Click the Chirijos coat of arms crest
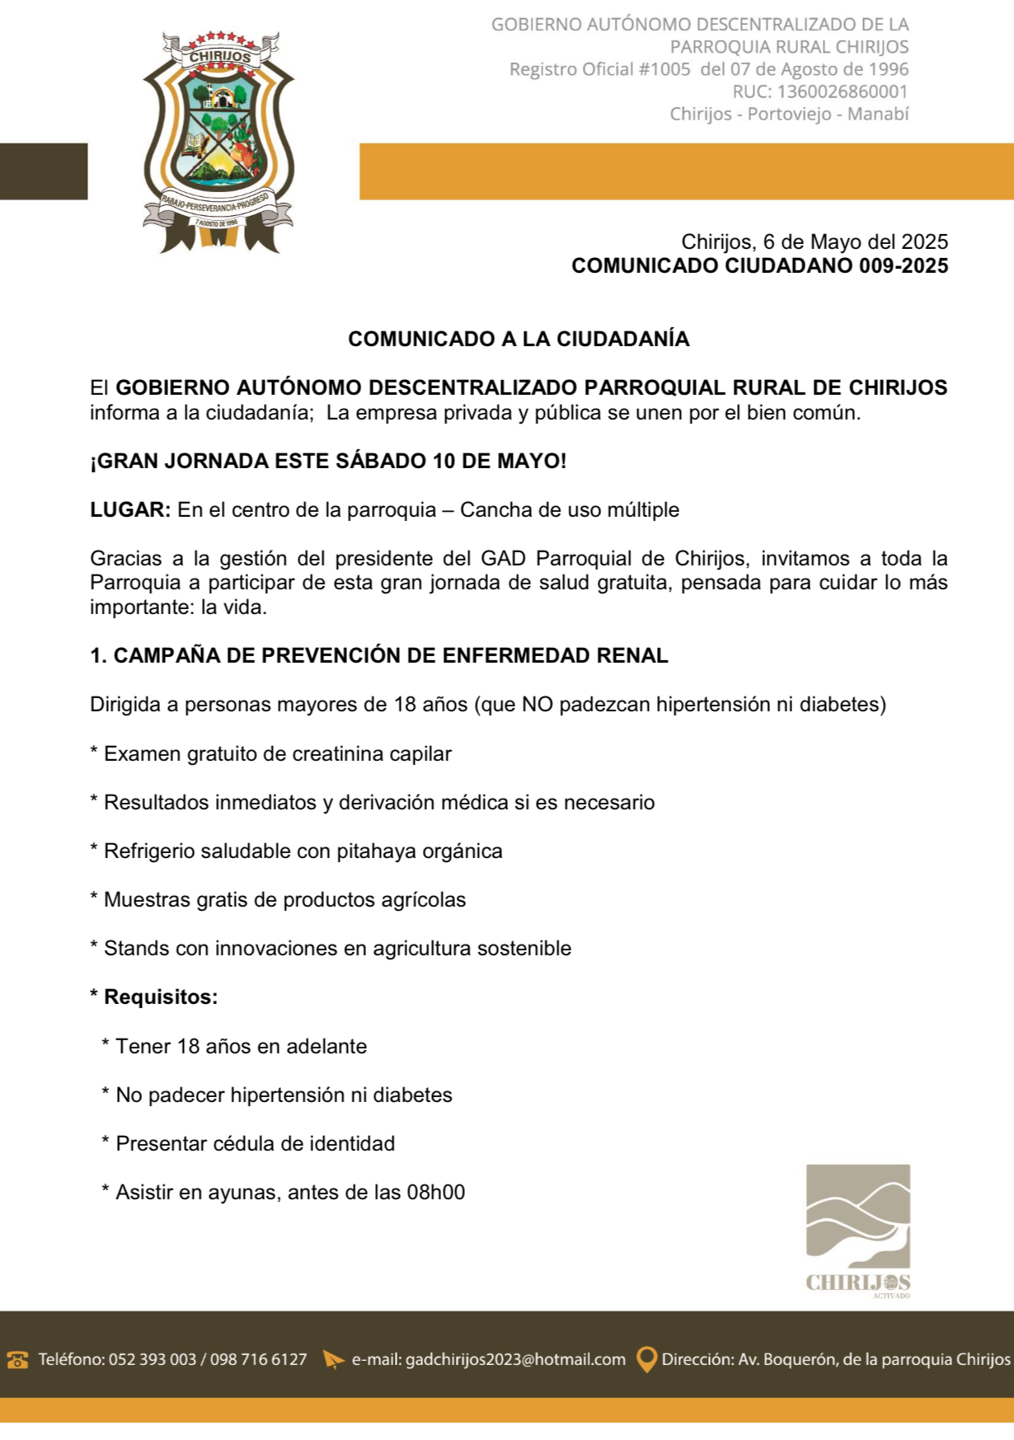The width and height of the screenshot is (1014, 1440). click(218, 142)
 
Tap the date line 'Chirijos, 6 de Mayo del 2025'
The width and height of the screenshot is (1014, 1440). click(814, 242)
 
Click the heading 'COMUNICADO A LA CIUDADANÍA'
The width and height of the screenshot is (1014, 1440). click(519, 339)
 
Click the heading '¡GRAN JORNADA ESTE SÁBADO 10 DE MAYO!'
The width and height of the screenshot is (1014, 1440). click(328, 461)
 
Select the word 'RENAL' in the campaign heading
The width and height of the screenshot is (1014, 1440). click(634, 655)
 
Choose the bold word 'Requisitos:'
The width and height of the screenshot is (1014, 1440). click(161, 997)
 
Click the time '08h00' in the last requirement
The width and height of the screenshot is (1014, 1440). click(436, 1192)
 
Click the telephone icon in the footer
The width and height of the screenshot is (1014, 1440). click(17, 1359)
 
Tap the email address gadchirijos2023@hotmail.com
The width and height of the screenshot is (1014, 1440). click(515, 1359)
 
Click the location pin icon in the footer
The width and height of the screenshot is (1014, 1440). click(648, 1359)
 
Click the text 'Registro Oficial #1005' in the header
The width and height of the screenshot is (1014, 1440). click(599, 69)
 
